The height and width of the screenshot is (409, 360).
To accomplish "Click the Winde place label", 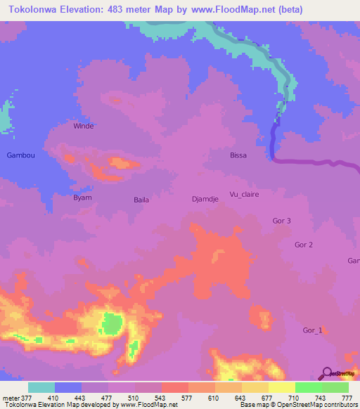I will coord(84,126).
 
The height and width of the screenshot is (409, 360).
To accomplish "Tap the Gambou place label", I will coord(20,155).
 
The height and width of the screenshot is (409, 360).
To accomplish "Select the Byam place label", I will coord(83,197).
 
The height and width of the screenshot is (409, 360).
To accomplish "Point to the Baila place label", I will coord(141,200).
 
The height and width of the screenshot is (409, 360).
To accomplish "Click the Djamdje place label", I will coord(206,199).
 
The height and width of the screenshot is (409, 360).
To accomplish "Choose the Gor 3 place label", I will coord(281,221).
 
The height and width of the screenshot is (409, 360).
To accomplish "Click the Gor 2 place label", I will coord(304,245).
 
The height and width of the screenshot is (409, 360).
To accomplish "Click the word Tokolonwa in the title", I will coord(35,8).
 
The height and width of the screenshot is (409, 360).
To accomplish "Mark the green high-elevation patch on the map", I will coord(110,323).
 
